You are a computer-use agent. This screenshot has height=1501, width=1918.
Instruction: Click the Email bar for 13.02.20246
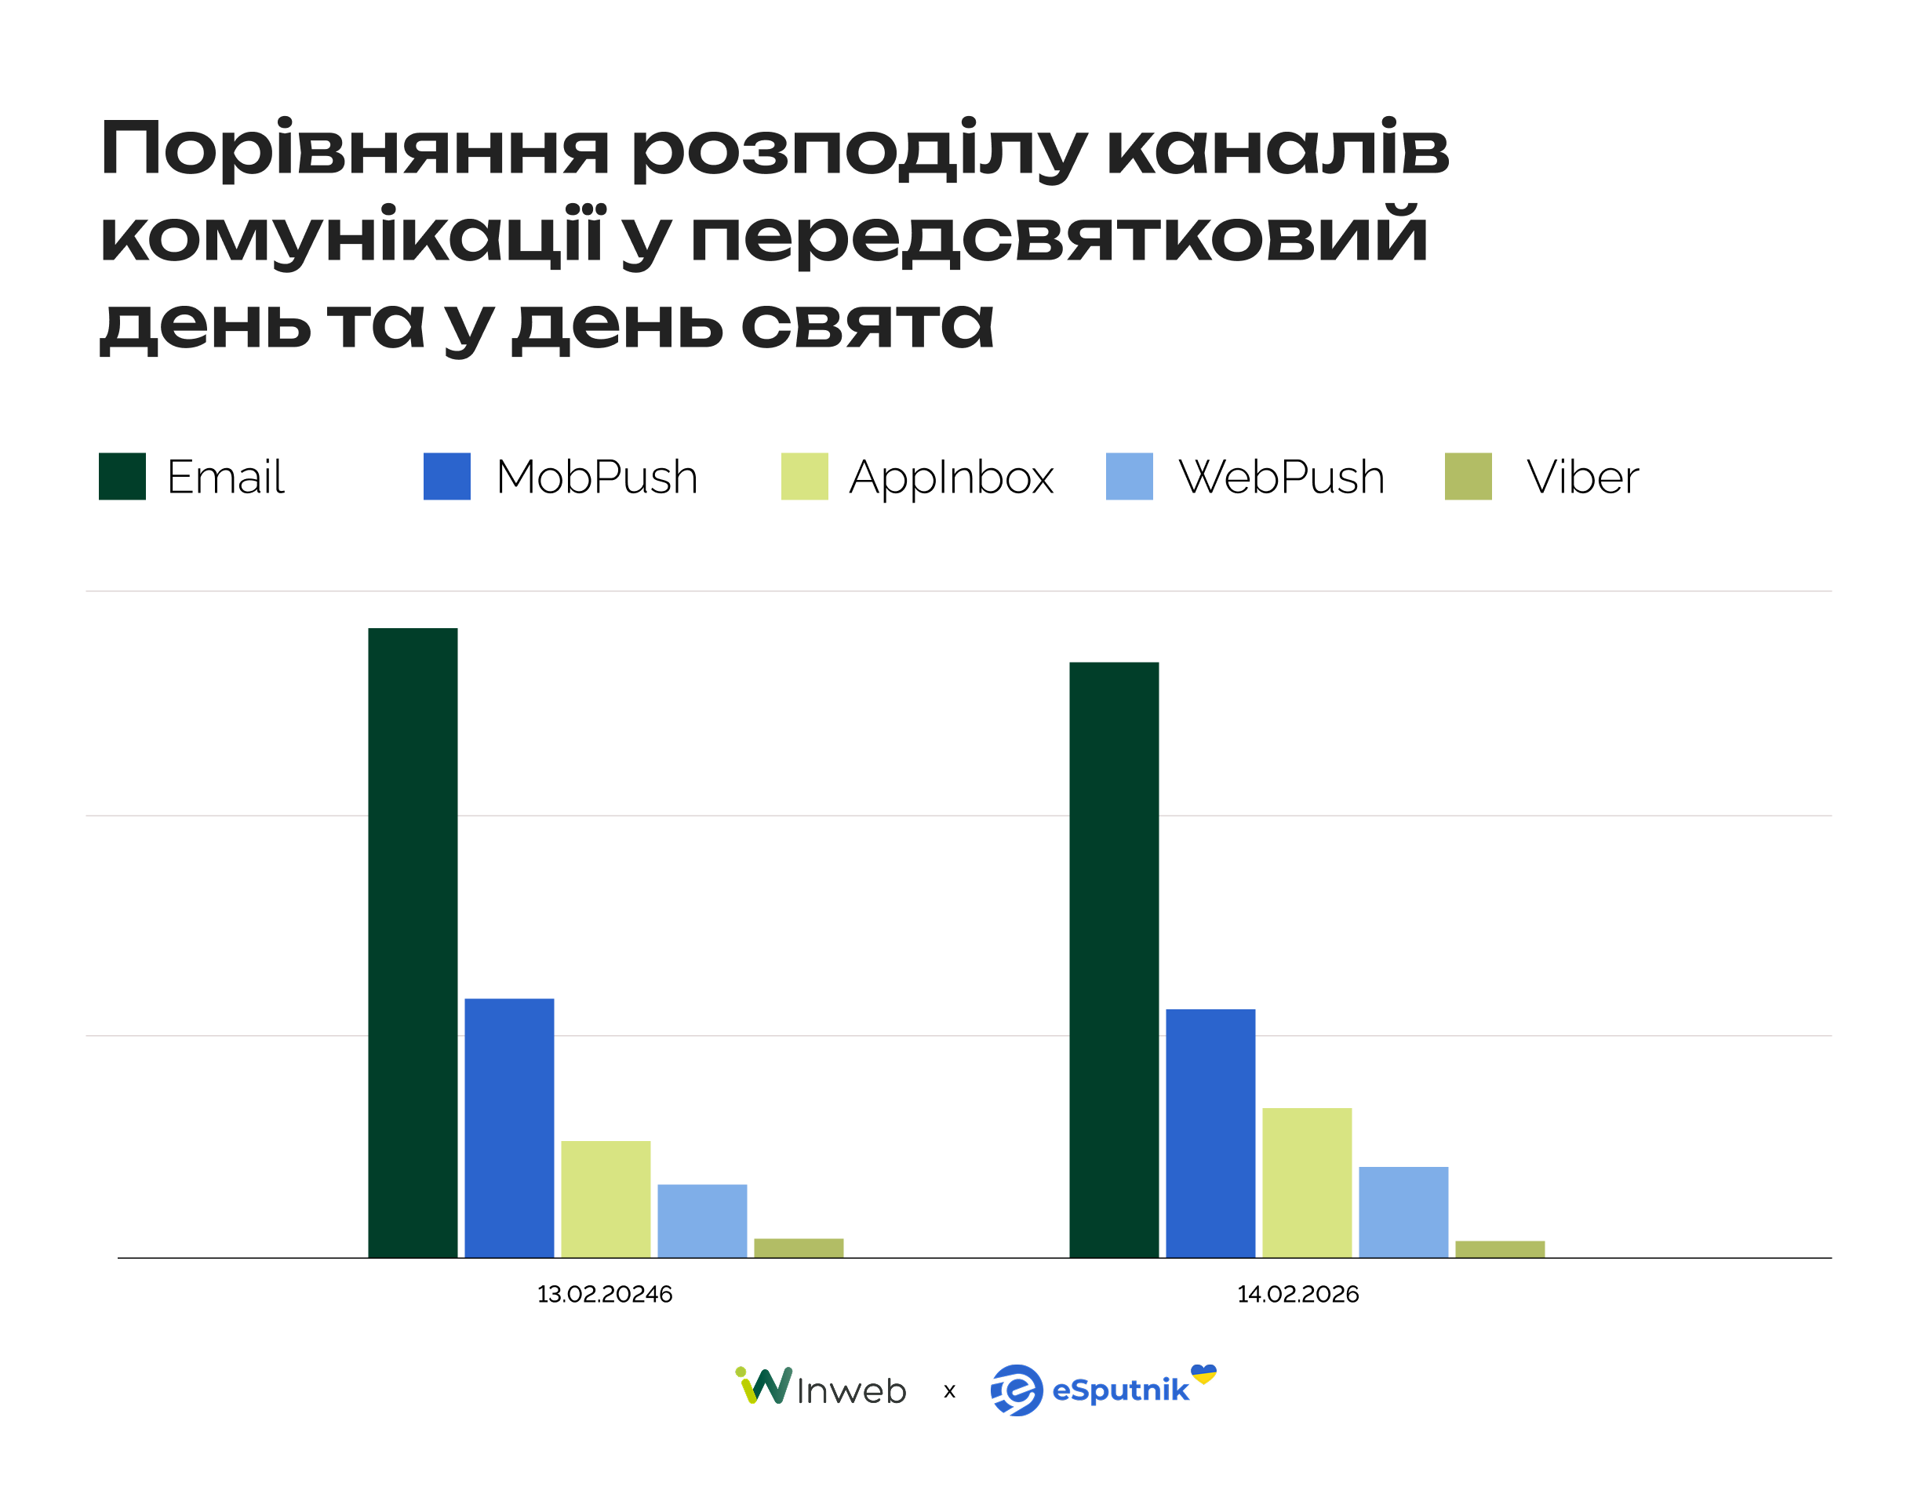[413, 942]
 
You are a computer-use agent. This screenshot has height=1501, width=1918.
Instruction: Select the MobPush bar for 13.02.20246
[509, 1128]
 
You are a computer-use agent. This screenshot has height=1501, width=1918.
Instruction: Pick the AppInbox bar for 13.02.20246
[606, 1199]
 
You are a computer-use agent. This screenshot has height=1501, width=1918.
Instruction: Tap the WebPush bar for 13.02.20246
[702, 1221]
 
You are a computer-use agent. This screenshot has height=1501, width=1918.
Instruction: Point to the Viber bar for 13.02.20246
[798, 1248]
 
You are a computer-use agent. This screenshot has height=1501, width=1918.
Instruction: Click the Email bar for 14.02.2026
[1114, 960]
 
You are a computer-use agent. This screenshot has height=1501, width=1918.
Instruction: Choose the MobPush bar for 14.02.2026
[1210, 1132]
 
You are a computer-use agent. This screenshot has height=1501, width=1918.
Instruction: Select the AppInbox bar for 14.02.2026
[1307, 1182]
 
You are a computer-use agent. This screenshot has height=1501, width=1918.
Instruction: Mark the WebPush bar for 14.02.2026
[1403, 1212]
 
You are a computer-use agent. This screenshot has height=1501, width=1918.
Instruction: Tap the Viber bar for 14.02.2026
[1500, 1248]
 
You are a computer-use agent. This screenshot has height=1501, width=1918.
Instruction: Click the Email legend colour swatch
[122, 476]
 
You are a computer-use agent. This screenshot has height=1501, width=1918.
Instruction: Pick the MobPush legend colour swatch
[446, 476]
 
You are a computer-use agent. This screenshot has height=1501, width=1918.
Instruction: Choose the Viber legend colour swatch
[1468, 476]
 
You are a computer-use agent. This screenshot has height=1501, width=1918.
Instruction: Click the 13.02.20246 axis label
[605, 1294]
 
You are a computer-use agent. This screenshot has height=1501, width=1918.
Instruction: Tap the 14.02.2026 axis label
[1297, 1294]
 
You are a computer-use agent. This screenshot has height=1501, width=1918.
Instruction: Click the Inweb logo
[820, 1389]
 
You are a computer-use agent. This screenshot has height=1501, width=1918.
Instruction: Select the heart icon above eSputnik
[1203, 1372]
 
